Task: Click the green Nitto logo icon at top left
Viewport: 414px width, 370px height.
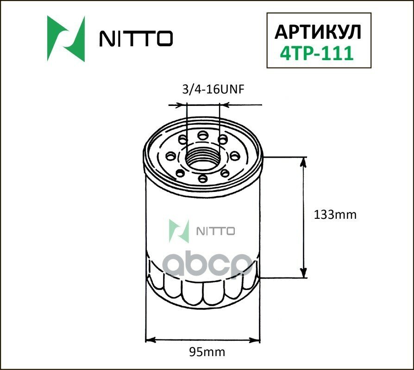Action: coord(66,39)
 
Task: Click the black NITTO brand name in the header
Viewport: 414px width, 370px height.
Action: coord(136,39)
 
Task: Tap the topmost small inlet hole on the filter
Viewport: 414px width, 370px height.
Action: coord(202,135)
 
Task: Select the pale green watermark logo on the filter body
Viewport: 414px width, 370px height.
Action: coord(179,230)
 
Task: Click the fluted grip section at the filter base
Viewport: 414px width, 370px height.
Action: coord(202,289)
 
